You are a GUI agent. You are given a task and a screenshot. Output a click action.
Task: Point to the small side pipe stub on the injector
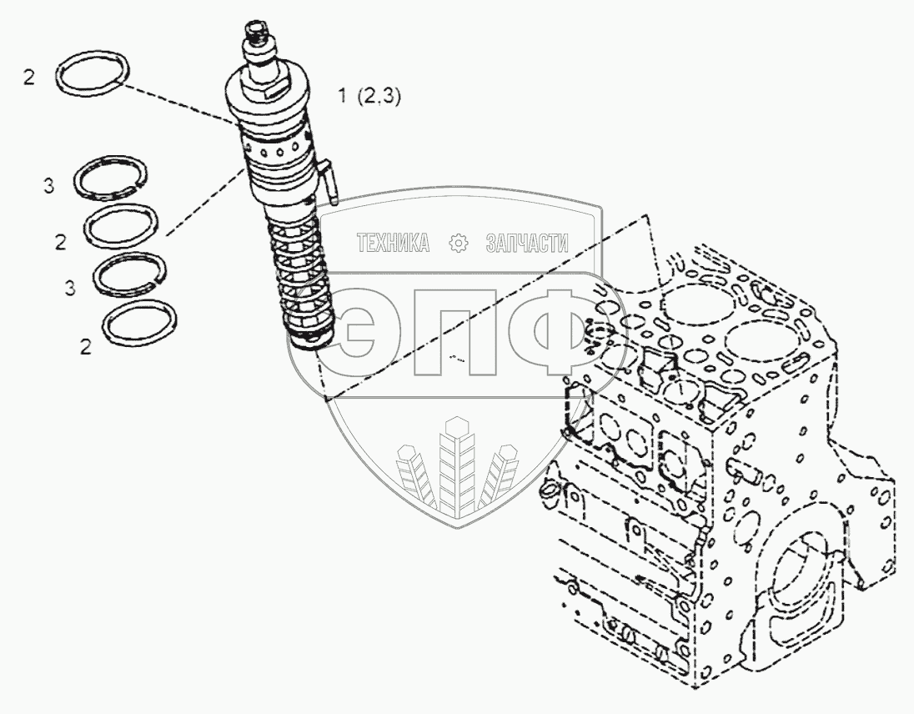[329, 178]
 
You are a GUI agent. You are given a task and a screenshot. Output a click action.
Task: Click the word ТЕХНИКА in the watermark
[393, 243]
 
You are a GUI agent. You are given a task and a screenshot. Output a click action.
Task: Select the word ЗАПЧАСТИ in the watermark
[526, 243]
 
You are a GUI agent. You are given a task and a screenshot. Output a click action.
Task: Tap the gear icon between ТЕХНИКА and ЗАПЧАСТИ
[458, 243]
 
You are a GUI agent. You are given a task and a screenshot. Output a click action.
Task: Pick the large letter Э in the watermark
[366, 330]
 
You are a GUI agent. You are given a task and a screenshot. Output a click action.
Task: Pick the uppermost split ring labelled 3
[113, 178]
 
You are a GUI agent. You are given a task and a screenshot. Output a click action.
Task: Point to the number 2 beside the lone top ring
[30, 79]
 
